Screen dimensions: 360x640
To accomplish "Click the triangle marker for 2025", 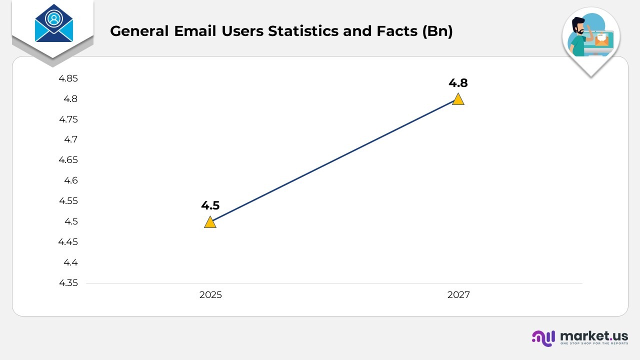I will coord(210,222).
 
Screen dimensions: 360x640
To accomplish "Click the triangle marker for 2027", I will coord(458,99).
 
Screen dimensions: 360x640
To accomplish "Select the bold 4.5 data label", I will coord(210,205).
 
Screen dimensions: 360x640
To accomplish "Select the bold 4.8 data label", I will coord(458,83).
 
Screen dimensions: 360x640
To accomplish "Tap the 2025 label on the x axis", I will coord(210,295).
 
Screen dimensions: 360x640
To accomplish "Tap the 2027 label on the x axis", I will coord(458,295).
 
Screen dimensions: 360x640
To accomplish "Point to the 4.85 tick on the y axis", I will coord(68,78).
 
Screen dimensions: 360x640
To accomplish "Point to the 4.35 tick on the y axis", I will coord(68,283).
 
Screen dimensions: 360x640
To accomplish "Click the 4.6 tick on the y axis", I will coord(70,180).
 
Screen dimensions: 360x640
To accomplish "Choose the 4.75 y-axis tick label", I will coord(68,119).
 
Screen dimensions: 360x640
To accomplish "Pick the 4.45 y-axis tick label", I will coord(68,242).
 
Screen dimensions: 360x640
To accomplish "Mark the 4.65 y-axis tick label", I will coord(68,160).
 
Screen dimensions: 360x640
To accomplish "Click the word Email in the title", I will coord(194,31).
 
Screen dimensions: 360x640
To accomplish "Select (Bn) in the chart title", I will coord(437,31).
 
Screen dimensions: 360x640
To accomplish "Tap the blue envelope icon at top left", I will coord(53,24).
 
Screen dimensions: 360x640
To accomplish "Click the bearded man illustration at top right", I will coord(580,37).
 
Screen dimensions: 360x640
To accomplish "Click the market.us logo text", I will coord(594,335).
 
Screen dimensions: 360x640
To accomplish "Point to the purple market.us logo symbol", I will coord(543,338).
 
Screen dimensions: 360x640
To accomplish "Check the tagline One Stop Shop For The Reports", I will coord(594,344).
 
